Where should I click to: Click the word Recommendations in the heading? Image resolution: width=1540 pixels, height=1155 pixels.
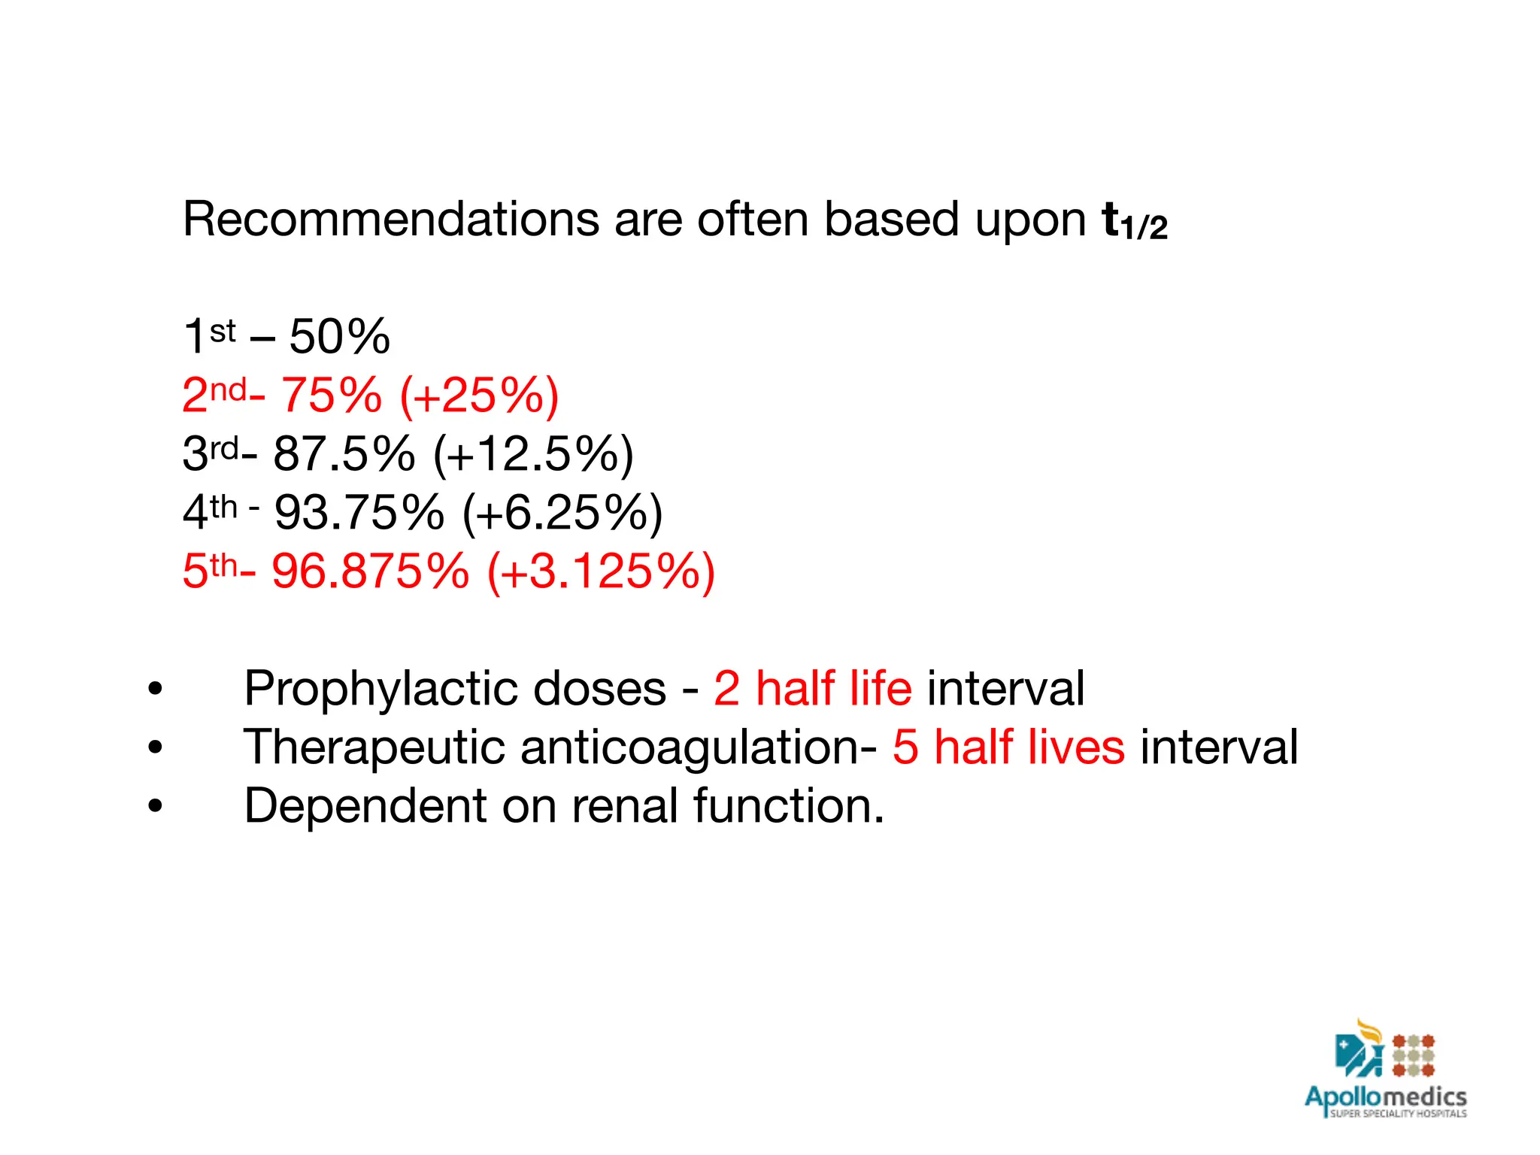click(x=390, y=220)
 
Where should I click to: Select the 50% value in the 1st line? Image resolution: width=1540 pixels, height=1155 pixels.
click(x=339, y=336)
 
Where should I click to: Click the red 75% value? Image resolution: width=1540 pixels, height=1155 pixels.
click(x=331, y=395)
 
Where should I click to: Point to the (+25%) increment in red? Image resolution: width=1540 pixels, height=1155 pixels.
click(x=480, y=395)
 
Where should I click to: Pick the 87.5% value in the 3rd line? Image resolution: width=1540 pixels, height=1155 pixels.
click(x=344, y=453)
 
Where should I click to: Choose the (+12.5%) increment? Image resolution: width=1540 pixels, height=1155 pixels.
click(x=533, y=453)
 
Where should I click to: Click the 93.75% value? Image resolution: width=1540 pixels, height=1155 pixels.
click(x=359, y=512)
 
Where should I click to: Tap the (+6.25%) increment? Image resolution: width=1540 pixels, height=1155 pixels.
click(x=562, y=512)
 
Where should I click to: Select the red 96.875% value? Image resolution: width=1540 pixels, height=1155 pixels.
click(x=370, y=571)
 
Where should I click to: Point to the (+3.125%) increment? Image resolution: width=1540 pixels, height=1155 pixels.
click(x=601, y=571)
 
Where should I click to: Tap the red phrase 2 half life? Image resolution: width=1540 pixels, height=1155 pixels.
click(x=812, y=688)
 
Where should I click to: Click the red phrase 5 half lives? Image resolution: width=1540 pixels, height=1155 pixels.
click(x=1008, y=747)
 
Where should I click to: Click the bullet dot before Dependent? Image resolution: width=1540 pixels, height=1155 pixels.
click(x=155, y=806)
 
